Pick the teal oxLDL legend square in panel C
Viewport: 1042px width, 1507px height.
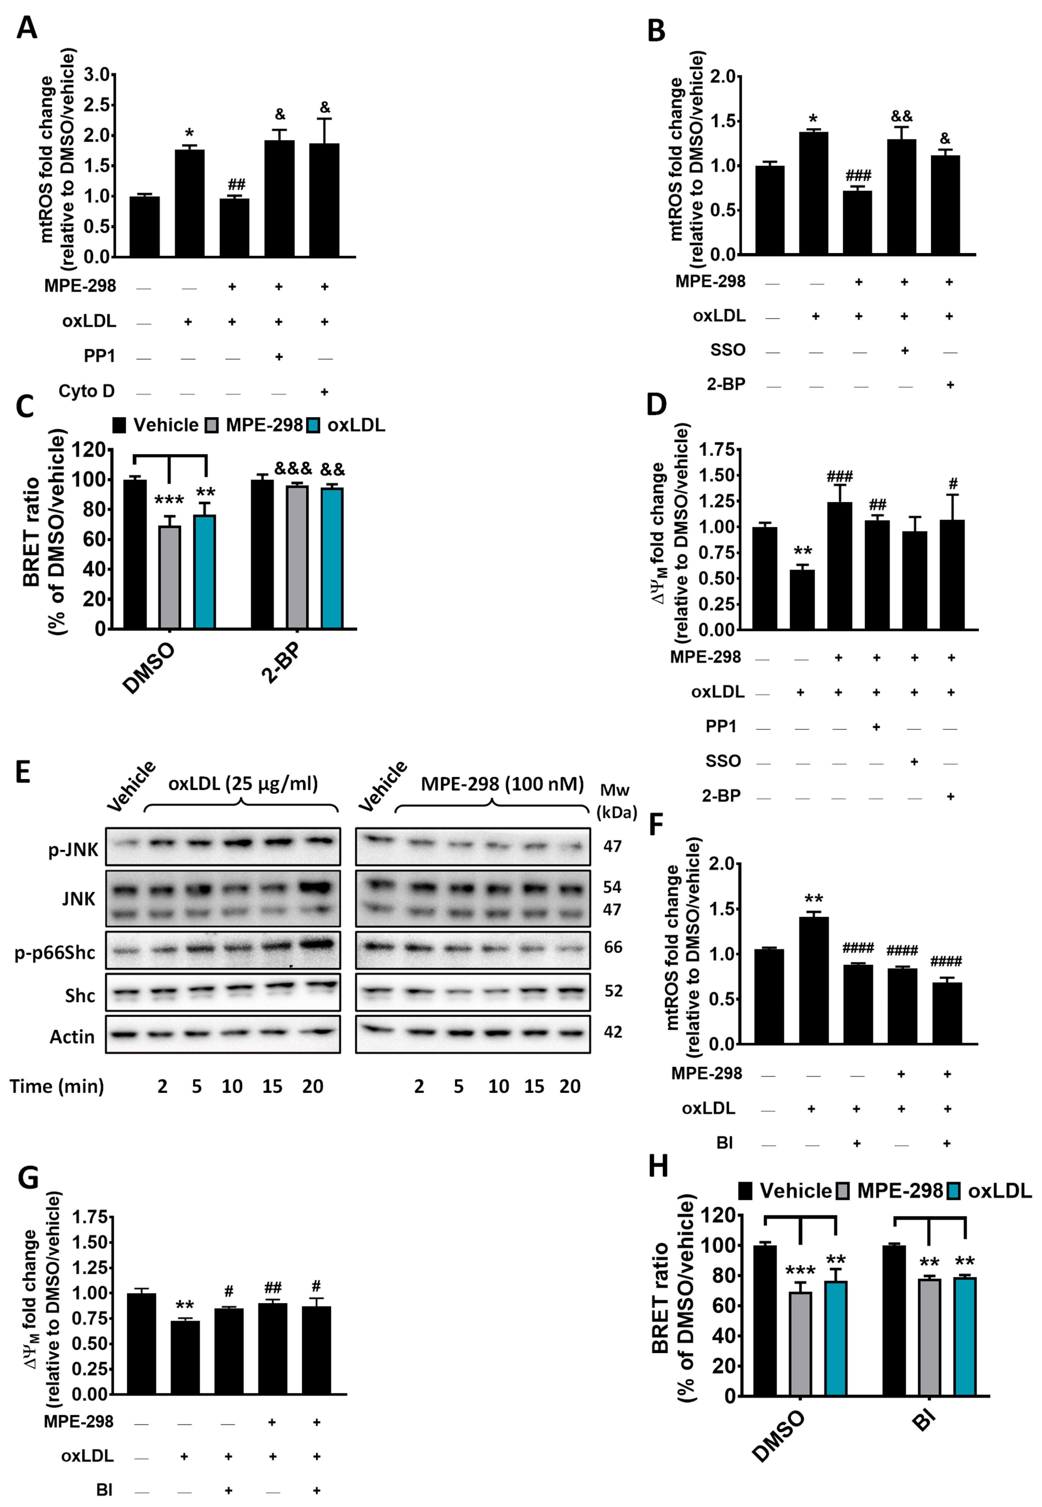click(314, 426)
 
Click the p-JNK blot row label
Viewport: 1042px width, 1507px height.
click(73, 849)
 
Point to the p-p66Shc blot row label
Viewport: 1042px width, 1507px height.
click(55, 952)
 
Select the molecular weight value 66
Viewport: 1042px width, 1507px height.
click(613, 947)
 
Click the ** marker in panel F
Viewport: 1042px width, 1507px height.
click(814, 900)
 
